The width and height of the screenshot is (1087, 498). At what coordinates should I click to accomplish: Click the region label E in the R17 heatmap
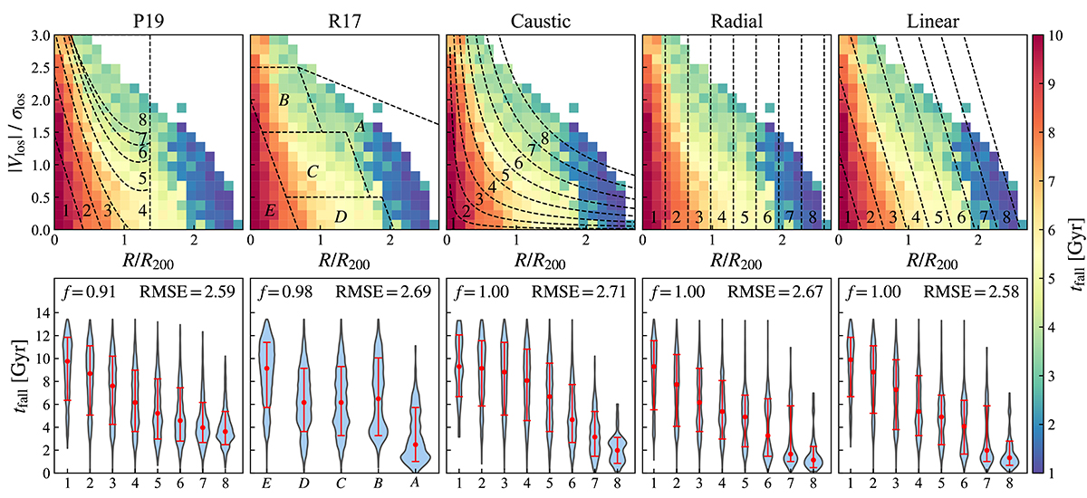pyautogui.click(x=270, y=211)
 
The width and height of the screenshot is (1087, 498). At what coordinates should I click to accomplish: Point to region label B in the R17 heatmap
pyautogui.click(x=284, y=99)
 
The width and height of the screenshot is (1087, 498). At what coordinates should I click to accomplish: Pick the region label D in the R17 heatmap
pyautogui.click(x=339, y=216)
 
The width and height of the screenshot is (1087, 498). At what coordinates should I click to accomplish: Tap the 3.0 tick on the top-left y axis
pyautogui.click(x=39, y=35)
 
